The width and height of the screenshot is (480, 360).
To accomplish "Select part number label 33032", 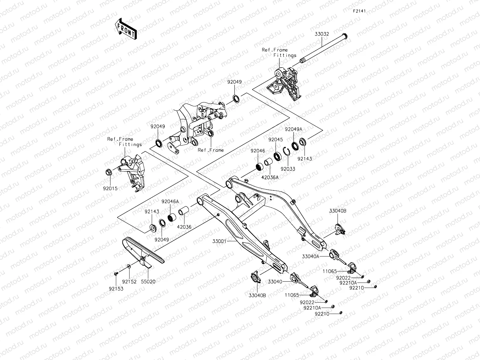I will [x=322, y=34].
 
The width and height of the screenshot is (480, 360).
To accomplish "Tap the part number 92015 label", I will [x=110, y=188].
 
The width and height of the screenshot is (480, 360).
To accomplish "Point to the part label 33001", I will [x=220, y=241].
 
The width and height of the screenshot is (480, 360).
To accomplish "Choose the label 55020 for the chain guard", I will [x=148, y=281].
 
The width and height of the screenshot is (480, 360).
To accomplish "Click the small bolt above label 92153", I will [x=116, y=273].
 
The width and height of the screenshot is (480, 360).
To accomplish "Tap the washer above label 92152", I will [x=128, y=266].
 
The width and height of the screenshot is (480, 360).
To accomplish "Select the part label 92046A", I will [x=170, y=201].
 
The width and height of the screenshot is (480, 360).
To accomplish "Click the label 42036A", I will [x=270, y=177].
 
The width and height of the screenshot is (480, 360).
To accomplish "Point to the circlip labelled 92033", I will [x=285, y=151].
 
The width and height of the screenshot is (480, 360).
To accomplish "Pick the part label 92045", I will [x=275, y=139].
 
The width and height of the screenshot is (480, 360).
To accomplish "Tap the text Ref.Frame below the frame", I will [x=210, y=150].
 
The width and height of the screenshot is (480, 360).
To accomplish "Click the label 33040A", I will [x=311, y=256].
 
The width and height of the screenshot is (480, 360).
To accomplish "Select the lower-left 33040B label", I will [x=257, y=295].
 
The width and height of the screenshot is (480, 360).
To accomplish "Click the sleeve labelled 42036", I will [x=184, y=211].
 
